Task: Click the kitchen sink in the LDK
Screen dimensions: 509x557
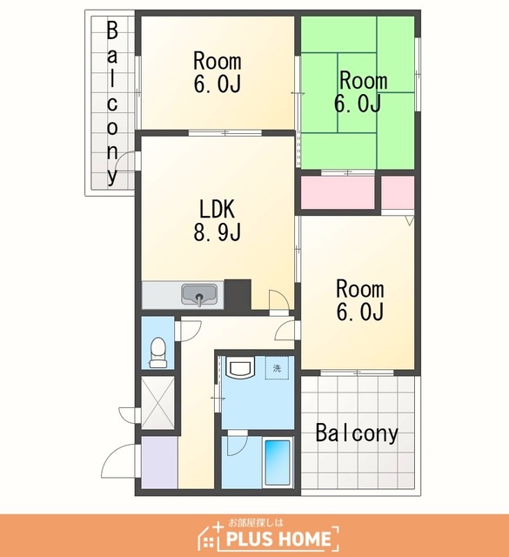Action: (x=199, y=294)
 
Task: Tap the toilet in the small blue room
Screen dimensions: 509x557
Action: (x=157, y=352)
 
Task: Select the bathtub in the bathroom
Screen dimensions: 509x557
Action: (x=278, y=463)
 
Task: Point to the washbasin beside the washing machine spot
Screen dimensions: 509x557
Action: (x=240, y=367)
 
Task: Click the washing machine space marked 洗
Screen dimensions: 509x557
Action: (x=277, y=367)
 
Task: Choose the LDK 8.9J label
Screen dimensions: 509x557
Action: (x=217, y=220)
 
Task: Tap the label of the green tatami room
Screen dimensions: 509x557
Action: (x=360, y=91)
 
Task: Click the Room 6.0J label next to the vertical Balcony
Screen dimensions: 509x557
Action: (x=218, y=72)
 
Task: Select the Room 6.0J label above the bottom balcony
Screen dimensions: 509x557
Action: (x=360, y=300)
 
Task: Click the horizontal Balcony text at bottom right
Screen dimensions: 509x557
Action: (x=357, y=433)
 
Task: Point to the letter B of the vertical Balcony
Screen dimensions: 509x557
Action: (x=112, y=30)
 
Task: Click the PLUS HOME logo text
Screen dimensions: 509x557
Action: (x=278, y=539)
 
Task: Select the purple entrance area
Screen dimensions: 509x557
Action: (x=159, y=462)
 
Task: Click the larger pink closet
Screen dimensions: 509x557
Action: (x=338, y=192)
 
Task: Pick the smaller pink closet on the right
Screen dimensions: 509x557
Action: (x=398, y=192)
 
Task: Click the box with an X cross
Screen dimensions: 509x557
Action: (x=158, y=402)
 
